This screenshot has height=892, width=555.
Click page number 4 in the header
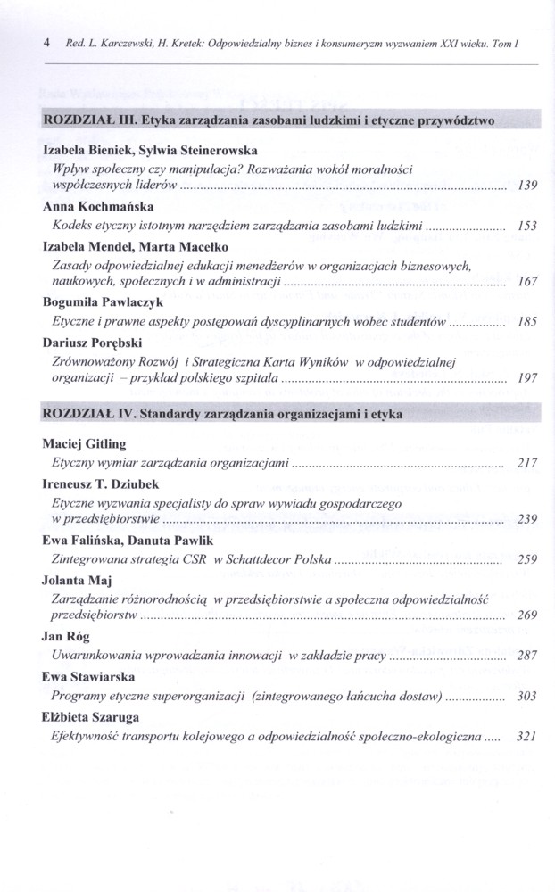[45, 43]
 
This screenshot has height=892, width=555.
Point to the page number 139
[526, 186]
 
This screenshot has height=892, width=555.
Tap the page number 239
[526, 519]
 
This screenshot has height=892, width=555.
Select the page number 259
[526, 559]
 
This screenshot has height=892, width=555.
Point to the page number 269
[526, 615]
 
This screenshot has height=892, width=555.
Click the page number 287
[526, 656]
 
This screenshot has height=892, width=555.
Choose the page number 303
[526, 696]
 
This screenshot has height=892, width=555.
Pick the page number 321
[526, 736]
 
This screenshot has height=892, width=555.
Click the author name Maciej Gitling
[85, 444]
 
